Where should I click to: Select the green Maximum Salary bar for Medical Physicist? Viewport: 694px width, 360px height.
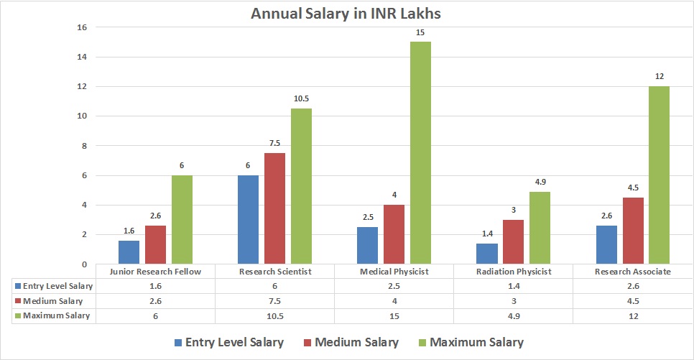click(x=420, y=152)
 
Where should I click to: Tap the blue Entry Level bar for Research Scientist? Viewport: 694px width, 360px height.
click(x=248, y=219)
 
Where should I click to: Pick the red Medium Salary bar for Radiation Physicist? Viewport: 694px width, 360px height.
click(x=513, y=242)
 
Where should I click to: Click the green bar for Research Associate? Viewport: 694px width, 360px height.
click(x=659, y=175)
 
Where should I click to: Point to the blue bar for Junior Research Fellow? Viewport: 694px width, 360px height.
click(x=129, y=252)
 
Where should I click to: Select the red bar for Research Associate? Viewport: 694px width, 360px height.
click(x=633, y=231)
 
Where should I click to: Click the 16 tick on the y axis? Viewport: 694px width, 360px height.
click(x=81, y=27)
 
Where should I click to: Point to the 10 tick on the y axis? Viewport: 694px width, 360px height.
click(x=81, y=116)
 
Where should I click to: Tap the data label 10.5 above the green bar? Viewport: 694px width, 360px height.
click(x=301, y=98)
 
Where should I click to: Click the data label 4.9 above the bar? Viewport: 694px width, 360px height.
click(x=540, y=182)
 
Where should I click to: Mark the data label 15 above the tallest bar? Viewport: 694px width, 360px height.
click(x=420, y=32)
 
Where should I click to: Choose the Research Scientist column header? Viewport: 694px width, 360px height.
click(x=274, y=272)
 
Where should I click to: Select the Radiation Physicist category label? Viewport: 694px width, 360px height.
click(x=513, y=272)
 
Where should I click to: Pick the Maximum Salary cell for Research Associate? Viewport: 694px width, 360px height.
click(x=632, y=316)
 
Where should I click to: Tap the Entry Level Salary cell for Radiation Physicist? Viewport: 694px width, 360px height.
click(x=513, y=287)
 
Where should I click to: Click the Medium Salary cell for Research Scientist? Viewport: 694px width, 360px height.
click(x=274, y=301)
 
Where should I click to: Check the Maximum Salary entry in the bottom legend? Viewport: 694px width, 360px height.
click(x=476, y=343)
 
